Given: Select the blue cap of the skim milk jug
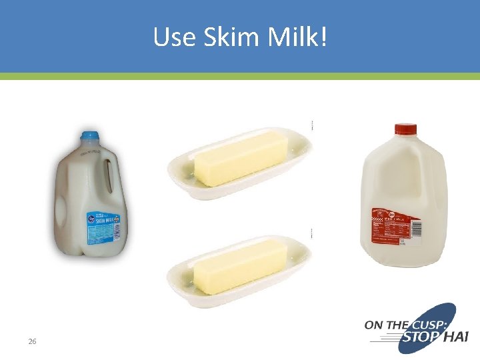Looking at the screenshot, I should coord(89,136).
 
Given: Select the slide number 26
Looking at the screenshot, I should coord(32,341).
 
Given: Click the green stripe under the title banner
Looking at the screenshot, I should coord(240,76).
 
